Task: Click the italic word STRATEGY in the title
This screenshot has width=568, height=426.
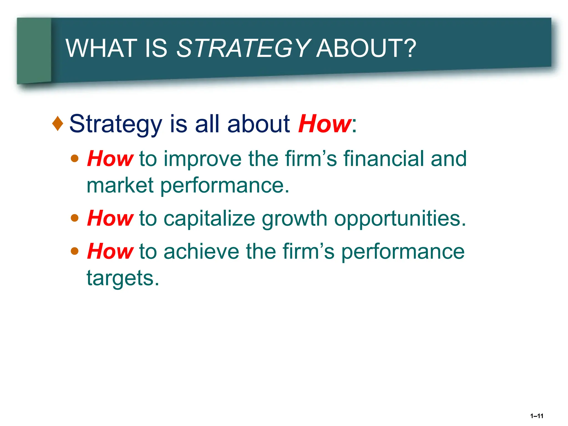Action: [243, 49]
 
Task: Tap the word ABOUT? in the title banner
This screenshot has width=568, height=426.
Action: [366, 49]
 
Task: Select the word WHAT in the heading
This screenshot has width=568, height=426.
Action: [101, 49]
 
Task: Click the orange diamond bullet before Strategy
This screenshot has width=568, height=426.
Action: [58, 123]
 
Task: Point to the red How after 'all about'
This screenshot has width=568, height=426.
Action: [324, 124]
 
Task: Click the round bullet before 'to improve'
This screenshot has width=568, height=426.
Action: [75, 159]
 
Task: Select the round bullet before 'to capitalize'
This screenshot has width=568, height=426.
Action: [75, 218]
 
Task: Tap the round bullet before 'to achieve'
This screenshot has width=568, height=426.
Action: [75, 251]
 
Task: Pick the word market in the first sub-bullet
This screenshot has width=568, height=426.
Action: [120, 185]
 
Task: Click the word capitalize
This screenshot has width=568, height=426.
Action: [209, 219]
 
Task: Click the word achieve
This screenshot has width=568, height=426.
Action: [201, 251]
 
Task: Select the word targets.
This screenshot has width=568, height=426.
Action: [123, 278]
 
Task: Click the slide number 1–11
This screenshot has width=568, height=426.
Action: [536, 416]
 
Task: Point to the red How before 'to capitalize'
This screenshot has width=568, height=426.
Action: [110, 218]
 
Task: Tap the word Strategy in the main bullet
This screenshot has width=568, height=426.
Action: [116, 124]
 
